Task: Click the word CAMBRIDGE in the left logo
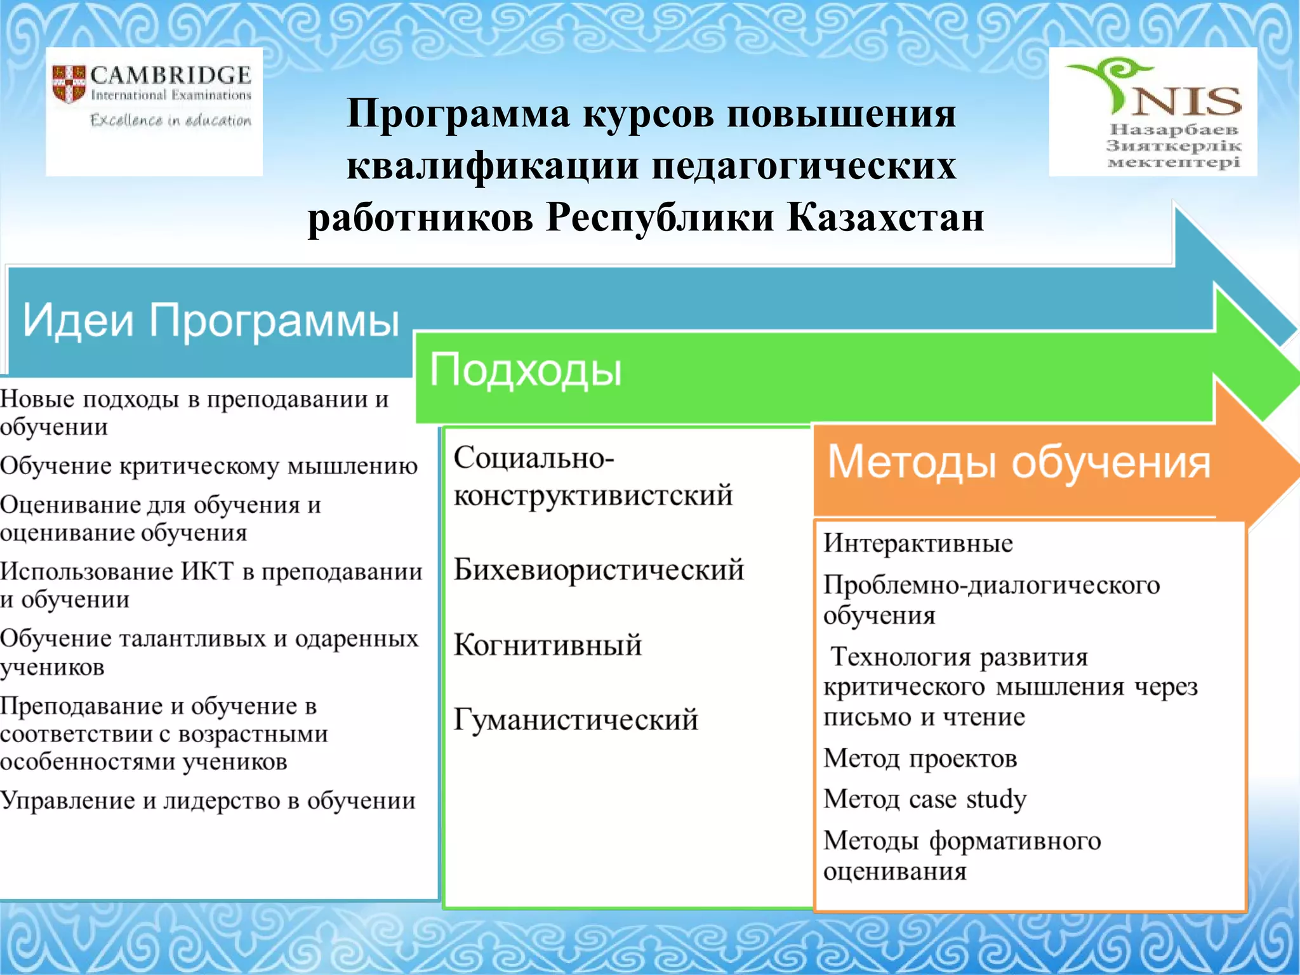pyautogui.click(x=170, y=76)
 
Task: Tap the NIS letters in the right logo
pyautogui.click(x=1187, y=102)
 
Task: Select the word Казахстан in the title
pyautogui.click(x=885, y=217)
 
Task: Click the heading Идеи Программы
pyautogui.click(x=211, y=320)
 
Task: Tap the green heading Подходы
pyautogui.click(x=526, y=369)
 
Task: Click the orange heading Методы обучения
pyautogui.click(x=1019, y=462)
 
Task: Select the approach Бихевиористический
pyautogui.click(x=599, y=569)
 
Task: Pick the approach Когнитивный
pyautogui.click(x=548, y=645)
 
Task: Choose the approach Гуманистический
pyautogui.click(x=576, y=720)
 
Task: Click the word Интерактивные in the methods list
pyautogui.click(x=918, y=543)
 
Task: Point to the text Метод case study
pyautogui.click(x=925, y=799)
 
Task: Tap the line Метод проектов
pyautogui.click(x=920, y=759)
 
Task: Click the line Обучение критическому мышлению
pyautogui.click(x=209, y=466)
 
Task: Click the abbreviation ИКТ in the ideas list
pyautogui.click(x=207, y=571)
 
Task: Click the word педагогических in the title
pyautogui.click(x=803, y=166)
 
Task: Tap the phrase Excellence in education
pyautogui.click(x=170, y=120)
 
